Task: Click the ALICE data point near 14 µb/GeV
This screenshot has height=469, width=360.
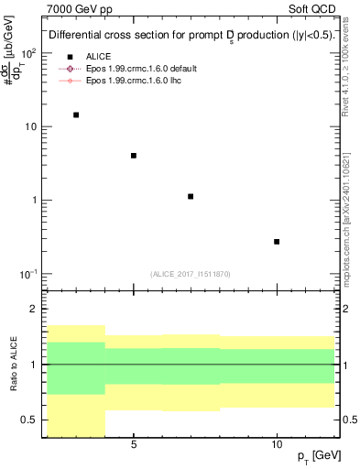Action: point(76,115)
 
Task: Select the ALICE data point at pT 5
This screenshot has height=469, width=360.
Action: point(134,156)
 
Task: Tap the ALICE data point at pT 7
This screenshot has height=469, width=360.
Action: point(191,197)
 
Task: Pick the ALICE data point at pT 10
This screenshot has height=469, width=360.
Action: point(277,242)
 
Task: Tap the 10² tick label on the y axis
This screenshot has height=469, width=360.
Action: point(28,53)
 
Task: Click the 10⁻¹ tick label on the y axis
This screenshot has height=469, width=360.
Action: point(28,274)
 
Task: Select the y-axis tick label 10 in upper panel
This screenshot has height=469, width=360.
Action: point(30,126)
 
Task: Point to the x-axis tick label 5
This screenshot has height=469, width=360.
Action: point(134,445)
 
